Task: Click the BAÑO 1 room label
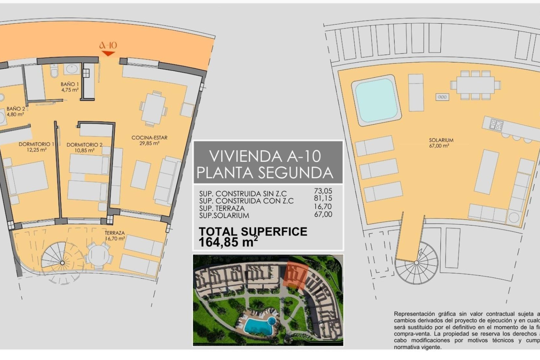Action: [70, 87]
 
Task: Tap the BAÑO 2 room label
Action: [16, 111]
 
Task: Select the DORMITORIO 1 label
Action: [37, 147]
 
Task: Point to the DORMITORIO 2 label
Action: [84, 147]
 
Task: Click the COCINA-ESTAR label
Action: [149, 140]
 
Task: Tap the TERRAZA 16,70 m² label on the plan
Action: [115, 236]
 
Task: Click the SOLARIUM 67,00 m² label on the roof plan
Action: [441, 143]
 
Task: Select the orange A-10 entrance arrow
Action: [108, 53]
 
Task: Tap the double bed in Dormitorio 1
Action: [27, 178]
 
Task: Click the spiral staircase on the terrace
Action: [62, 263]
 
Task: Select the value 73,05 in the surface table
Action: [323, 191]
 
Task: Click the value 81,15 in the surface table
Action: [323, 198]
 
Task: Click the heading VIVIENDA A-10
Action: [265, 156]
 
